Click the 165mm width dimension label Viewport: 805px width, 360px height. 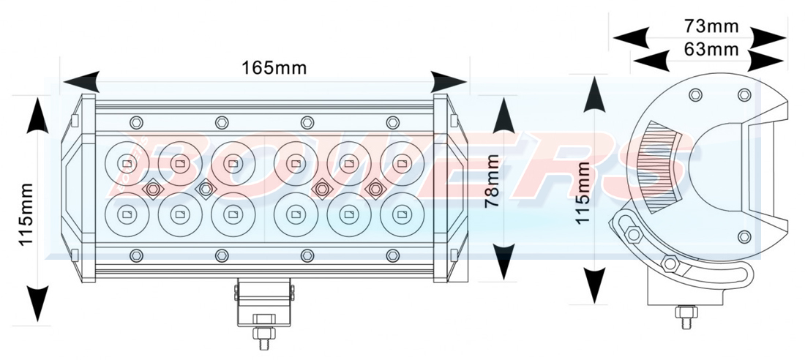pos(274,68)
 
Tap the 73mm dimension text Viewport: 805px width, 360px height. pos(711,27)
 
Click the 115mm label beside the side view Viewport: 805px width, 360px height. pos(583,193)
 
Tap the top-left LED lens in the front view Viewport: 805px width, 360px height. pos(128,163)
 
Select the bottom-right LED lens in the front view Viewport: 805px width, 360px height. pos(401,214)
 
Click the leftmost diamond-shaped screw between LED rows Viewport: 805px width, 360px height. pos(153,190)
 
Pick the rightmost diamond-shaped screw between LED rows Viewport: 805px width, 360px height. pos(375,190)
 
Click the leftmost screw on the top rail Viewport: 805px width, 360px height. pos(135,121)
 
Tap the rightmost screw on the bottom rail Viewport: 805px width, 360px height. pos(393,255)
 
